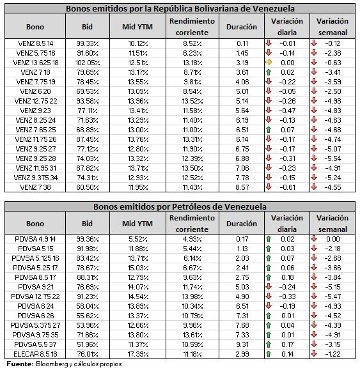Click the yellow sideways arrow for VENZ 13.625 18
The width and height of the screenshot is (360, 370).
269,63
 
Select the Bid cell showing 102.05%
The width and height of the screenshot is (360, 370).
88,63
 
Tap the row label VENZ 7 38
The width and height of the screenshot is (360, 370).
35,187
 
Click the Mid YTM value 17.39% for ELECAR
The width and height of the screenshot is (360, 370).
138,354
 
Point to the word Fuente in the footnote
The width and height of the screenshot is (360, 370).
20,364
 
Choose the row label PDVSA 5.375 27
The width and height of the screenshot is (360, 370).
35,325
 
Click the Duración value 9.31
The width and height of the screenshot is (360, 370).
242,344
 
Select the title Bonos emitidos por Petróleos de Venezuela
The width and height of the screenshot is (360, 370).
180,206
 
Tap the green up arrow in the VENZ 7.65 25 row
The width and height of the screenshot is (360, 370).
269,130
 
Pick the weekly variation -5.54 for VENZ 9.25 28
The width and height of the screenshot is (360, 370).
333,158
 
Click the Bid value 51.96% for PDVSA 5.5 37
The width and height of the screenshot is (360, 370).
88,344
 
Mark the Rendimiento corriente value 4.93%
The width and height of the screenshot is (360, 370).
192,239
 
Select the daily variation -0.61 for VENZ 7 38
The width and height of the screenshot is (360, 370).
287,187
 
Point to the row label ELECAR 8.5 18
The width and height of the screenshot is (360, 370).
35,354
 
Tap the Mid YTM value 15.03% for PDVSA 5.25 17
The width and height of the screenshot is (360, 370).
138,268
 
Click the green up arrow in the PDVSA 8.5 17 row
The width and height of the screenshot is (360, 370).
269,277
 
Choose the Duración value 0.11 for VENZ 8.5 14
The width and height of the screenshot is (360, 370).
242,43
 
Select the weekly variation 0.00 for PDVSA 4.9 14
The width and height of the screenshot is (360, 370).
333,239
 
